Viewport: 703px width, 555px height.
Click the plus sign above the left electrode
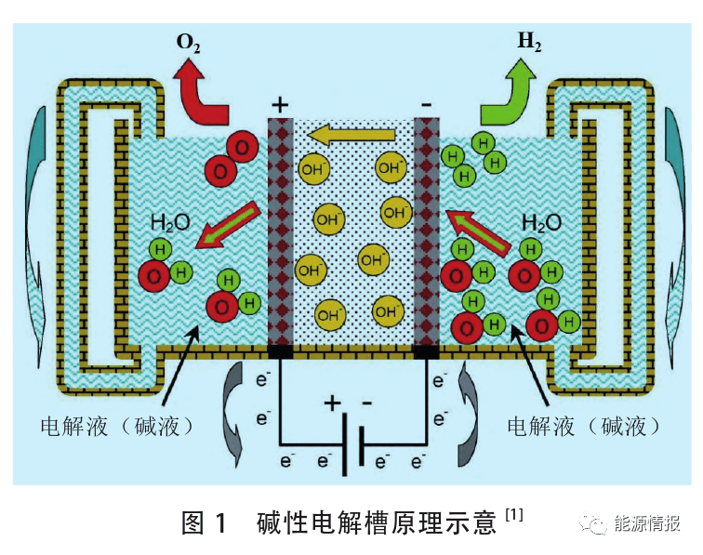pyautogui.click(x=280, y=104)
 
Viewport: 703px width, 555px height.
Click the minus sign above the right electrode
pyautogui.click(x=426, y=104)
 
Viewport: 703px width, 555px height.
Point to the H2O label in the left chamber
pyautogui.click(x=173, y=222)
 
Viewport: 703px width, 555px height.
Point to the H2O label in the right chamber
pyautogui.click(x=540, y=222)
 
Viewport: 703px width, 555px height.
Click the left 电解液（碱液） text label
pyautogui.click(x=118, y=426)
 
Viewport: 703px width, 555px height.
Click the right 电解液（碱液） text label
pyautogui.click(x=585, y=426)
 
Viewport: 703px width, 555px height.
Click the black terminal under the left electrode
pyautogui.click(x=281, y=351)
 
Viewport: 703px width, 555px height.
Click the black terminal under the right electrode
pyautogui.click(x=426, y=351)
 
